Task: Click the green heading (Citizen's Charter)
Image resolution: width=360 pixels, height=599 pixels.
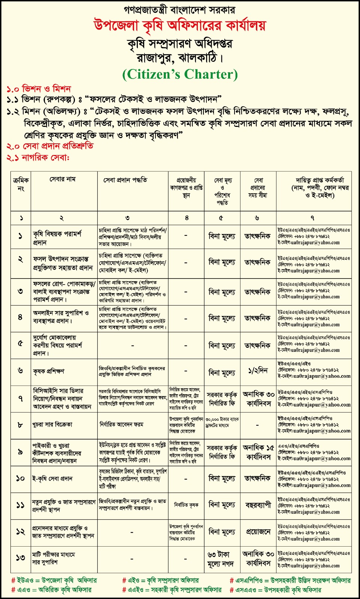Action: click(180, 74)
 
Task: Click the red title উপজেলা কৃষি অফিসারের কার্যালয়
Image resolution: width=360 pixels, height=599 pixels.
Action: click(179, 26)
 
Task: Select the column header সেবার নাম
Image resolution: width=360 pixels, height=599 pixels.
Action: click(63, 180)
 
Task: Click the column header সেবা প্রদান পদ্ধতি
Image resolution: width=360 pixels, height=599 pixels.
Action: click(125, 180)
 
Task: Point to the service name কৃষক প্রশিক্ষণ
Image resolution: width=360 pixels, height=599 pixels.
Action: click(49, 371)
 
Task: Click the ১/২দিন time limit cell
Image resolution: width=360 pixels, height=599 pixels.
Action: click(258, 371)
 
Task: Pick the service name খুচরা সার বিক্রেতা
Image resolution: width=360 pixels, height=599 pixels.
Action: click(52, 425)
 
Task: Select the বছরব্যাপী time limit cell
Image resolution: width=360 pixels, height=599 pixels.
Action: click(258, 505)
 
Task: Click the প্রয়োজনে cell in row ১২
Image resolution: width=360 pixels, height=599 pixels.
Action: click(258, 532)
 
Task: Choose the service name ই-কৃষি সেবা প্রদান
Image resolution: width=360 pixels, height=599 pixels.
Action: click(52, 478)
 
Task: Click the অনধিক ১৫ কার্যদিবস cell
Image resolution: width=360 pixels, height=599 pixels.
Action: click(258, 452)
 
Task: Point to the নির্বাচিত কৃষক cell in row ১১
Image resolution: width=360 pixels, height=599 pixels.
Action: click(186, 505)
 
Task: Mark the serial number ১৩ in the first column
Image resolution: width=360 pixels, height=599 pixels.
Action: click(20, 558)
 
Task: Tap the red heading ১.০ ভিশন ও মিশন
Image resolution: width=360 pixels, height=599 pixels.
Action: click(39, 89)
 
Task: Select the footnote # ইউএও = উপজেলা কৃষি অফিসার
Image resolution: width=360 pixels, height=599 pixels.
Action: click(54, 580)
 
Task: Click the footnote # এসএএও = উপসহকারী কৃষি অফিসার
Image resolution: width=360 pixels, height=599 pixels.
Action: click(275, 590)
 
